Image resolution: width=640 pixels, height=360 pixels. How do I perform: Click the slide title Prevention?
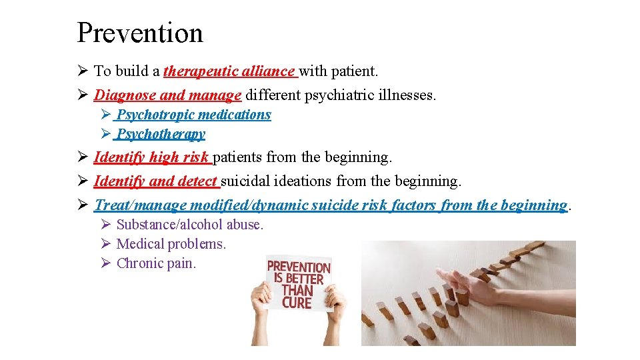(x=139, y=33)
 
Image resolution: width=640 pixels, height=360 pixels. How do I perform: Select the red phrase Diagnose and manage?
(x=167, y=95)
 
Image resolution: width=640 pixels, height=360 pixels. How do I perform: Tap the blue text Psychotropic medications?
(x=193, y=115)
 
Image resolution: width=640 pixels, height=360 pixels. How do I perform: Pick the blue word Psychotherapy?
(x=161, y=134)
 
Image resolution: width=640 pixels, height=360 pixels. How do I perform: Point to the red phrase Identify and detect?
(x=156, y=181)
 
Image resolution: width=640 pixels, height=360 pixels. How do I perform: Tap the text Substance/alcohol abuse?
(x=190, y=225)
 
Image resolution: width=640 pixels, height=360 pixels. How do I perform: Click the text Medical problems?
(x=171, y=244)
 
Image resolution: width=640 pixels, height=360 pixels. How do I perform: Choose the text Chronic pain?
(x=156, y=263)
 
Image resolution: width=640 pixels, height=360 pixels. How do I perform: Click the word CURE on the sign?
(x=297, y=303)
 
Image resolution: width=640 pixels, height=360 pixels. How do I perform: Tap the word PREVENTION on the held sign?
(x=299, y=267)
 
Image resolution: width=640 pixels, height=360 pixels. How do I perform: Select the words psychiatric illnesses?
(x=370, y=95)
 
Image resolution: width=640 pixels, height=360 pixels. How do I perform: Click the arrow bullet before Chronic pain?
(x=105, y=263)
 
